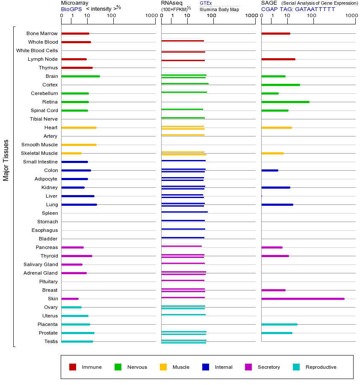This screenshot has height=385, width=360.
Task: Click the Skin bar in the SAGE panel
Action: click(303, 299)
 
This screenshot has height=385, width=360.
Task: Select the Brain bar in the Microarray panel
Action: click(81, 76)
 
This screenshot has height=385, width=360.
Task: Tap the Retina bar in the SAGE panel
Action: click(285, 102)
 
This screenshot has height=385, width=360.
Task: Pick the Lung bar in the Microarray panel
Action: click(79, 204)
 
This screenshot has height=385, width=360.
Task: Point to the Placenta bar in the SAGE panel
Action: click(279, 324)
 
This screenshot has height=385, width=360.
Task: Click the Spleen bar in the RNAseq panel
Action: click(184, 212)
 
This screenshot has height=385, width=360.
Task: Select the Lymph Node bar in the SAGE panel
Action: click(278, 59)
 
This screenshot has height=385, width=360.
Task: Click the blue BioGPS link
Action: click(71, 9)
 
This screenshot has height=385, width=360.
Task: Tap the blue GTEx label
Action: click(206, 3)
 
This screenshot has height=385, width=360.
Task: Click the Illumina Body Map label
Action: click(219, 9)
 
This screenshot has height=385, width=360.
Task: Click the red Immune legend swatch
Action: click(73, 367)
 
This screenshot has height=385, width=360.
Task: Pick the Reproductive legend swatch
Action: click(296, 367)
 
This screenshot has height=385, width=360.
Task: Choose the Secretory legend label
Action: click(269, 367)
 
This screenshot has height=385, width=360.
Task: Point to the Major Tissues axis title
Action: click(6, 160)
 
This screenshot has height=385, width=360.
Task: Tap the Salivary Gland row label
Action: click(41, 264)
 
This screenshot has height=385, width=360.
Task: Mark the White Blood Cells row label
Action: click(37, 50)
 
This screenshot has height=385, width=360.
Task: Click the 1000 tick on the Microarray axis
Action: click(150, 16)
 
